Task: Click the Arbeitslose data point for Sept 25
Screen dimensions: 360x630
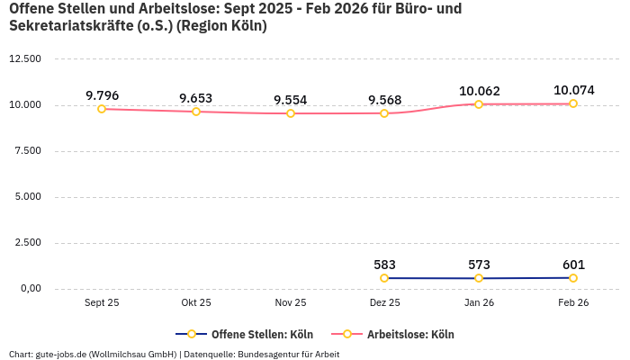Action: pyautogui.click(x=102, y=109)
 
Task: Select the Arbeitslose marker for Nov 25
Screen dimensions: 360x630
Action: pyautogui.click(x=291, y=113)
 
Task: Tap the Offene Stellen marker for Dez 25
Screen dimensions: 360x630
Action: pyautogui.click(x=384, y=278)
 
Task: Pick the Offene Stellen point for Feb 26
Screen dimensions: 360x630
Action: pyautogui.click(x=573, y=278)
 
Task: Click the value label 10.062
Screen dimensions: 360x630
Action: pyautogui.click(x=479, y=91)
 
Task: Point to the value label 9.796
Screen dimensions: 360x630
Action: pyautogui.click(x=102, y=95)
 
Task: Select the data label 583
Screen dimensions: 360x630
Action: pyautogui.click(x=384, y=265)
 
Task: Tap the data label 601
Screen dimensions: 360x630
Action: pyautogui.click(x=573, y=265)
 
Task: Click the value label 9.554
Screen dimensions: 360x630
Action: pyautogui.click(x=291, y=100)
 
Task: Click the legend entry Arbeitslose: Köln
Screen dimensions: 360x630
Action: pyautogui.click(x=409, y=335)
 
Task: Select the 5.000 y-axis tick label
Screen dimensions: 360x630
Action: pyautogui.click(x=27, y=197)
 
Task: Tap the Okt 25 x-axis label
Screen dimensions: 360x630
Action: pyautogui.click(x=196, y=303)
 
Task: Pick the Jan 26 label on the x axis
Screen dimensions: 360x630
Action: pyautogui.click(x=479, y=303)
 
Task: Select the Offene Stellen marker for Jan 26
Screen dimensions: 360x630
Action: pyautogui.click(x=479, y=278)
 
